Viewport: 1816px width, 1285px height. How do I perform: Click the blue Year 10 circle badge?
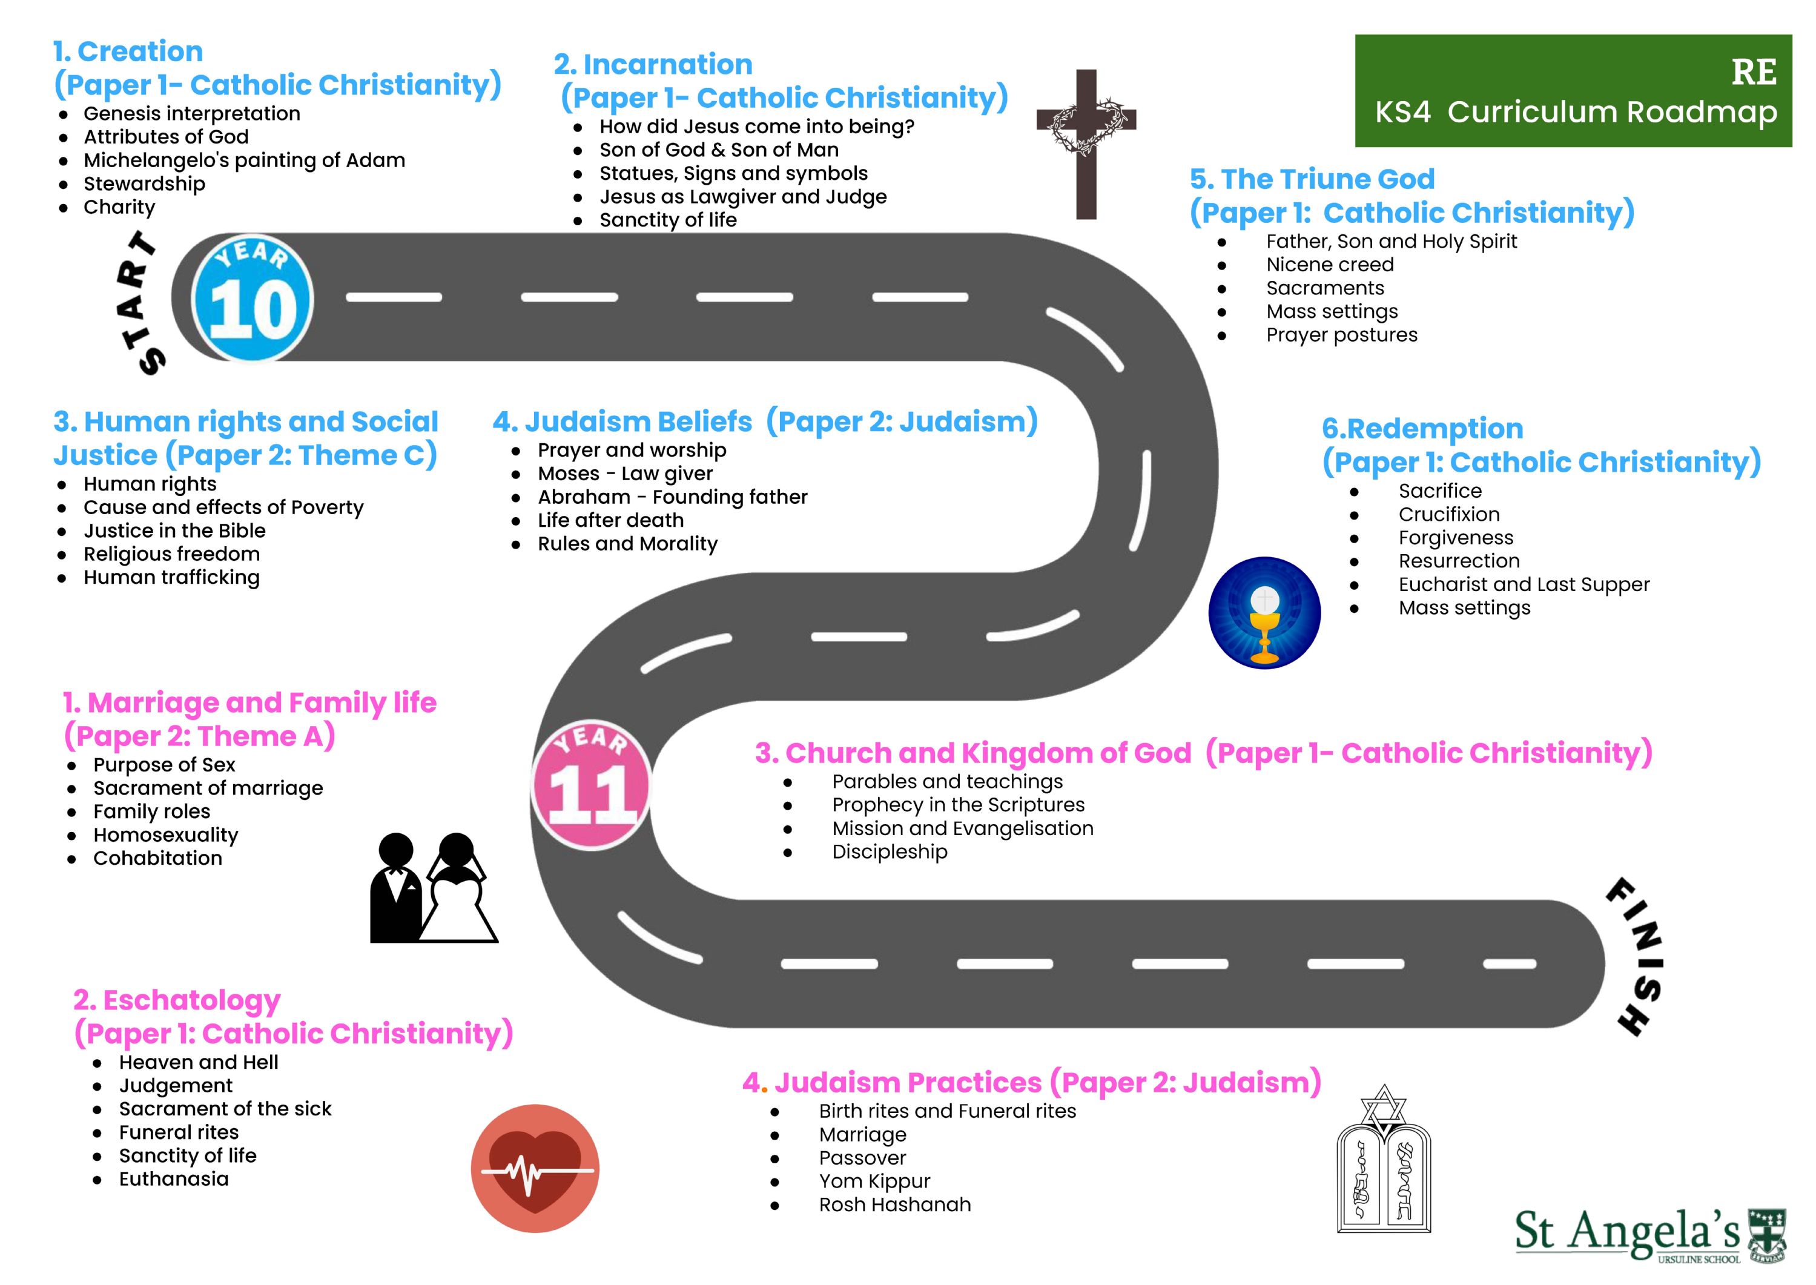(253, 299)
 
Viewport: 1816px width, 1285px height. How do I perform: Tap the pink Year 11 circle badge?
(592, 786)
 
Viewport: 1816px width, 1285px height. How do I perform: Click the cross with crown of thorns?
(1086, 144)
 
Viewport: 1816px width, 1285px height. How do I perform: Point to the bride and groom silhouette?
(433, 888)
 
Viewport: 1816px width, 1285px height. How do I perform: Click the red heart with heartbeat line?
(535, 1168)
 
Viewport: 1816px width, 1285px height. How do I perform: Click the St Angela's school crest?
(1766, 1234)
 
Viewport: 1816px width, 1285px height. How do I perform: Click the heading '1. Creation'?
(128, 51)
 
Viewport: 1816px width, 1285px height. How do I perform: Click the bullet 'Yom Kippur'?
(874, 1181)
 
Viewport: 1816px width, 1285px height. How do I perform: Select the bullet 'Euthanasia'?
(173, 1178)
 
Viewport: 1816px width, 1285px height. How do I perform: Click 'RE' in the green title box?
(1754, 72)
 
